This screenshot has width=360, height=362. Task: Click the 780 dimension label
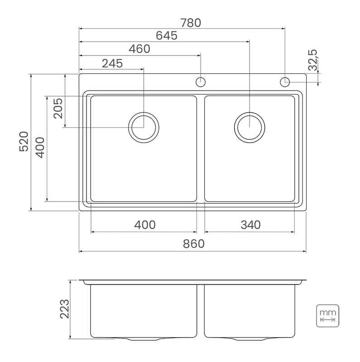point(191,23)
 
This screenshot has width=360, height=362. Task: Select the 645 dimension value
point(166,36)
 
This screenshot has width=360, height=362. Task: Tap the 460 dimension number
point(139,49)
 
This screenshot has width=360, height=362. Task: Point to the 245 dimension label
point(112,63)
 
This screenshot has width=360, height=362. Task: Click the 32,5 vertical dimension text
point(313,60)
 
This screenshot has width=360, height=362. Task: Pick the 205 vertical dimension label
point(58,108)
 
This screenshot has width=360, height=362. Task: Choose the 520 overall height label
point(24,141)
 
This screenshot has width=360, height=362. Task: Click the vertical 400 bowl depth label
point(40,148)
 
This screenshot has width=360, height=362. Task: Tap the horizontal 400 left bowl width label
point(145,225)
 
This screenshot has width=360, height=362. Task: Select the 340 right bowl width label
point(251,225)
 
